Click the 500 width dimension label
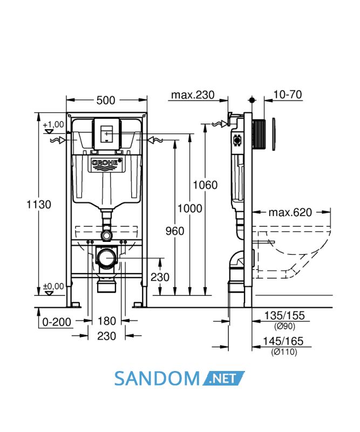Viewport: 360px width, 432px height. coord(106,100)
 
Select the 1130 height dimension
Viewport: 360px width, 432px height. coord(39,205)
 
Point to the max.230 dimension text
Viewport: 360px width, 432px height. coord(193,95)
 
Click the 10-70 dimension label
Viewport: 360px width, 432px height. coord(288,94)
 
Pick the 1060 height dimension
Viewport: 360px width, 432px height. coord(205,185)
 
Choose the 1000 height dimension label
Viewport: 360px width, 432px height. coord(189,208)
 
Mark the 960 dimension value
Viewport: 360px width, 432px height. coord(175,231)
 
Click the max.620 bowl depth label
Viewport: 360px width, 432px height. coord(290,212)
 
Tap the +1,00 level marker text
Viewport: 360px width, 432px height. coord(53,125)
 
